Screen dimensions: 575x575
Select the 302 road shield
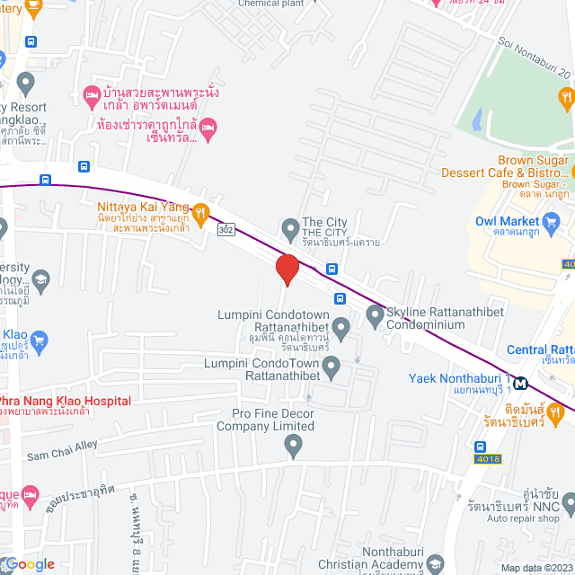pos(226,230)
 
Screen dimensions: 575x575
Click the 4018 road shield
pos(490,459)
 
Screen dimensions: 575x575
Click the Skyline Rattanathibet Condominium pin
pos(375,315)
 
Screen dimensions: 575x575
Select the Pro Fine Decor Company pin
pos(293,444)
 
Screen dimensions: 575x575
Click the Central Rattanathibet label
pos(540,349)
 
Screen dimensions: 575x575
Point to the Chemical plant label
pos(272,4)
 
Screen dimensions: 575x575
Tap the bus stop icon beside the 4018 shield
pos(481,447)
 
